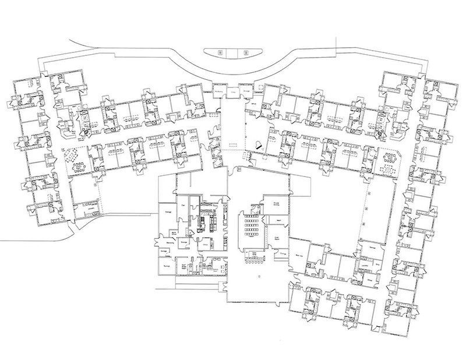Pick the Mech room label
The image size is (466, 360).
coord(278,221)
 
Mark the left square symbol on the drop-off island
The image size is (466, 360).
coord(220,52)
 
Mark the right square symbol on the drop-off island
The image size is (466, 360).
coord(245,52)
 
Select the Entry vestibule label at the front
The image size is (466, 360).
coord(232,91)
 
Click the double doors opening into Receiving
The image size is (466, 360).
coord(157,241)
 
